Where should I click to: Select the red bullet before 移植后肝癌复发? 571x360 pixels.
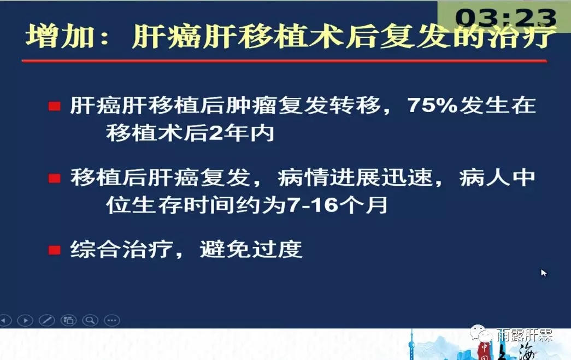point(55,179)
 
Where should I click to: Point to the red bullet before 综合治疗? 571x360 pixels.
point(55,250)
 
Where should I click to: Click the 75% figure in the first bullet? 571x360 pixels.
point(432,105)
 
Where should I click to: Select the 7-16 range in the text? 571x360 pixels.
point(313,205)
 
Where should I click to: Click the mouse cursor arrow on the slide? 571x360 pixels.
point(544,273)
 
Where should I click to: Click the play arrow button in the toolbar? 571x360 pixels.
point(26,320)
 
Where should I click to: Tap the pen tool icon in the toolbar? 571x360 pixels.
point(47,320)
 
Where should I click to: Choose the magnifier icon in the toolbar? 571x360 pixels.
point(90,320)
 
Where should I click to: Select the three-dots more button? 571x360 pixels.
point(112,320)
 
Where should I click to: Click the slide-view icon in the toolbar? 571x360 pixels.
point(68,320)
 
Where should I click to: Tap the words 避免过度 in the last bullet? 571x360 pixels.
point(251,250)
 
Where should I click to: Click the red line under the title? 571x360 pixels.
point(285,61)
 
